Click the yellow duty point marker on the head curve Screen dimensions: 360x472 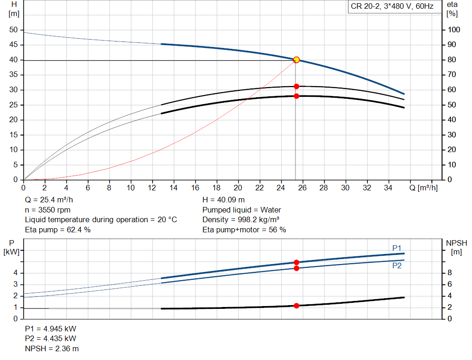pyautogui.click(x=296, y=59)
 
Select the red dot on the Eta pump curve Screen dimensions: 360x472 pyautogui.click(x=296, y=86)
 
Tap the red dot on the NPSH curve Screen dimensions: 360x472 pyautogui.click(x=296, y=306)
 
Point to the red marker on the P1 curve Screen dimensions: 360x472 pyautogui.click(x=296, y=262)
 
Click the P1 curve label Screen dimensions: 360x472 pyautogui.click(x=397, y=248)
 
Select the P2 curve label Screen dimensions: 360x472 pyautogui.click(x=397, y=266)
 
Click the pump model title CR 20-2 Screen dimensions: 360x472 pyautogui.click(x=392, y=7)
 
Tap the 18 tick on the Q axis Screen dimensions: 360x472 pyautogui.click(x=217, y=188)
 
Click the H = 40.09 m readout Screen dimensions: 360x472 pyautogui.click(x=224, y=200)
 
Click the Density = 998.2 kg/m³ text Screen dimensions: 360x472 pyautogui.click(x=241, y=219)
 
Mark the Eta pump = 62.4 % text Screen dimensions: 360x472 pyautogui.click(x=58, y=230)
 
